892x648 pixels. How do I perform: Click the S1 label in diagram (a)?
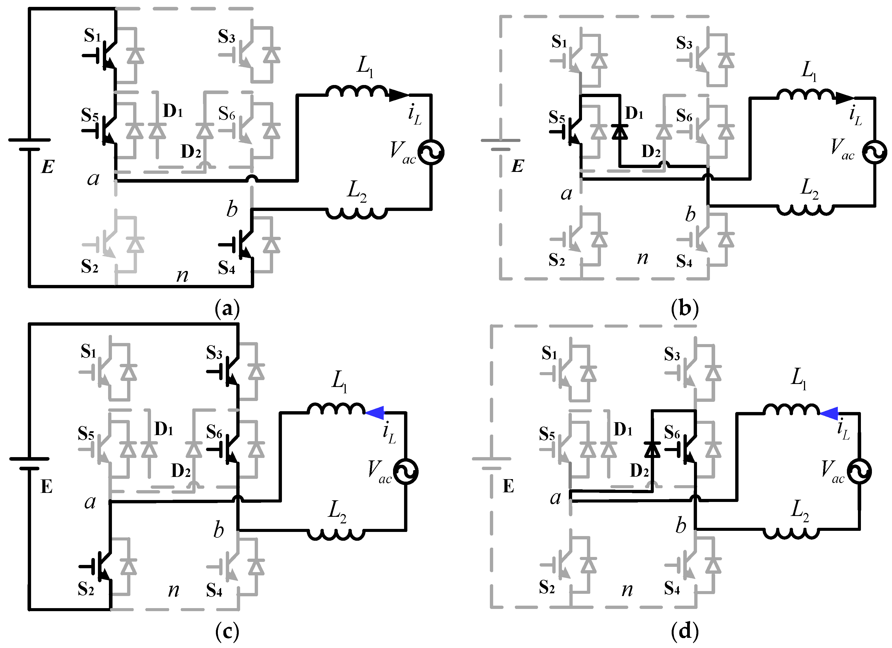(92, 36)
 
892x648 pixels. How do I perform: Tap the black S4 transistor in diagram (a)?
(242, 245)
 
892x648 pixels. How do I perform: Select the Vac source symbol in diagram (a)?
(431, 152)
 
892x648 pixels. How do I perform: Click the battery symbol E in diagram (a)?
(29, 144)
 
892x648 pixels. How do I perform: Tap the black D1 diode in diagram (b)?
(620, 132)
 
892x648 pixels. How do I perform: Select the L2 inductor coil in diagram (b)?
(805, 209)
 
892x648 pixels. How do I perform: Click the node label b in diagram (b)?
(690, 214)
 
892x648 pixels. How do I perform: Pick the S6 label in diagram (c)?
(214, 433)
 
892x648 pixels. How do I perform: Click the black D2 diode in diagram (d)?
(652, 449)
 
